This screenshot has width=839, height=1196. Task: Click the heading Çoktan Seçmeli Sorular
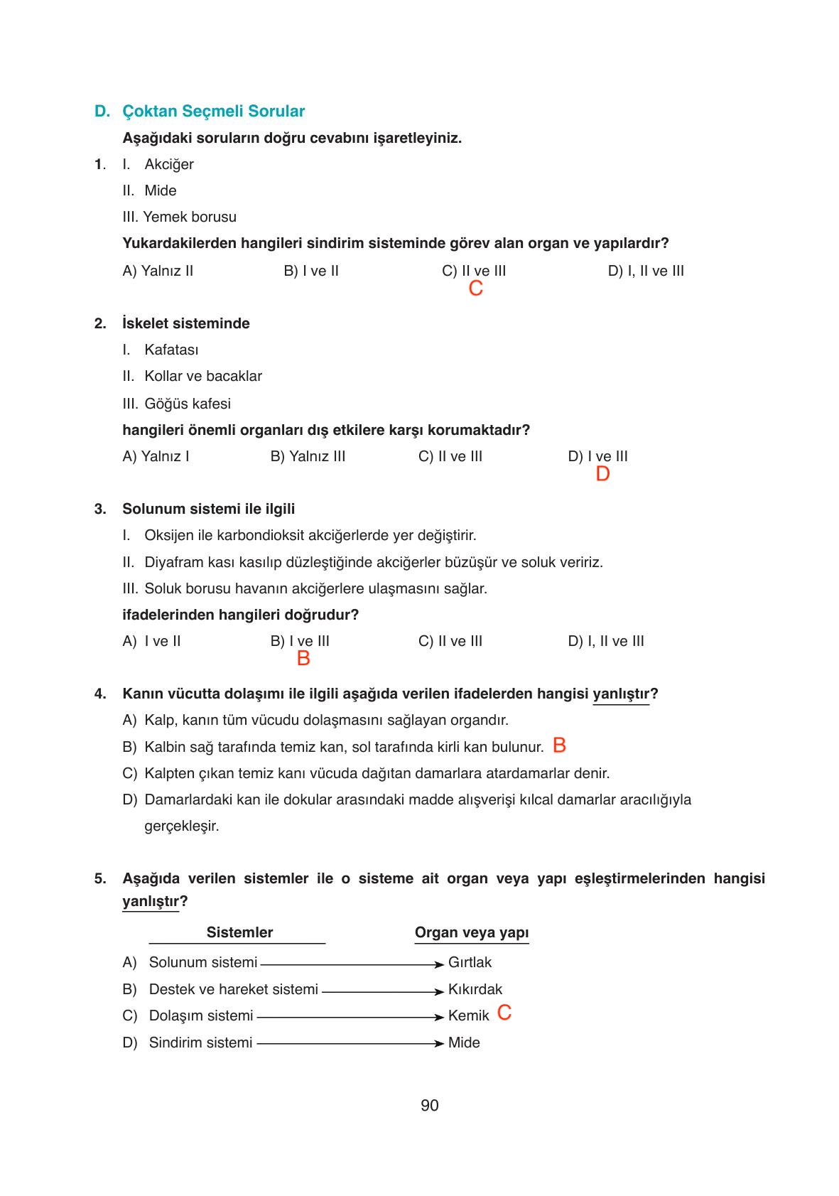(213, 112)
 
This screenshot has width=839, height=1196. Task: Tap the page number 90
(429, 1105)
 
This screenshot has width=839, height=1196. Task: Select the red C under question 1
(476, 288)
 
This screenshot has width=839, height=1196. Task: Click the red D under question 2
(602, 474)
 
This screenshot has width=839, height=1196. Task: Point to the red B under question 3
(303, 659)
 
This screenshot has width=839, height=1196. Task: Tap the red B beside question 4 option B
(559, 745)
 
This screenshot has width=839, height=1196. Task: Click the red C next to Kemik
(504, 1013)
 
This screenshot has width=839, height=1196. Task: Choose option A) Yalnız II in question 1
(158, 271)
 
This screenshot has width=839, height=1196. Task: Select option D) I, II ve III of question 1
(646, 271)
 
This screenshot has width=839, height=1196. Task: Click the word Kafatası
(171, 350)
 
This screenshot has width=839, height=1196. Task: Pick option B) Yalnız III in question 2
(308, 456)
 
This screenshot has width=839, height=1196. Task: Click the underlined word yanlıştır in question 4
(620, 694)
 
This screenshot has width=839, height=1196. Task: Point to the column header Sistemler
(239, 932)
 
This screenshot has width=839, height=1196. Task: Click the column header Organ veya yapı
(472, 932)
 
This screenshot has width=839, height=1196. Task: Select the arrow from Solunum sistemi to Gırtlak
(352, 964)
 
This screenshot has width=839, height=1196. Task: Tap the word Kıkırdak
(475, 989)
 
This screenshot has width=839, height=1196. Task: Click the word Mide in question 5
(464, 1043)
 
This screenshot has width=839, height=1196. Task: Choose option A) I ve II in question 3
(152, 641)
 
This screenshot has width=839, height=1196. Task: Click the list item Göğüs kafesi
(187, 404)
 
